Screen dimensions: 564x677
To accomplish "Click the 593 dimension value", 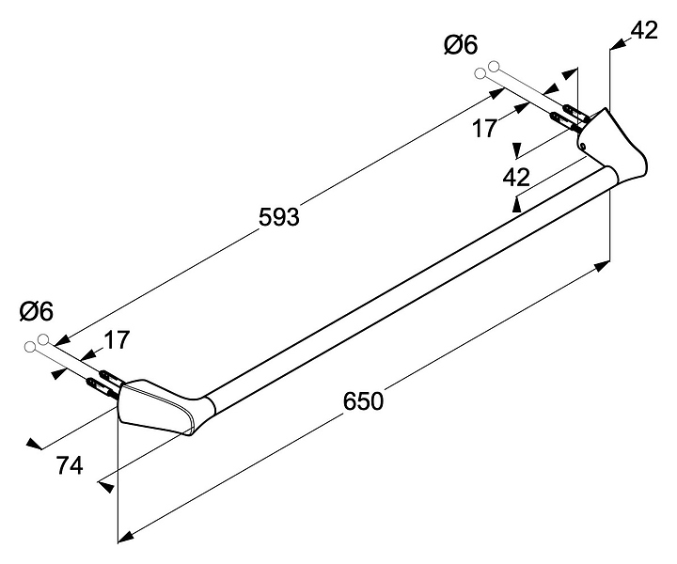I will [278, 217].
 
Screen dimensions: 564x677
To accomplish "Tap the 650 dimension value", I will [363, 401].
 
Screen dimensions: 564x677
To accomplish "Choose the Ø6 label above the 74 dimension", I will [36, 310].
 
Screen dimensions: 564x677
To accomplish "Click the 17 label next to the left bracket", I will [118, 339].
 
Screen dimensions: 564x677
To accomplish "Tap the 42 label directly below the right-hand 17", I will [516, 176].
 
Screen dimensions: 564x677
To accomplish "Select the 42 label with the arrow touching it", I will [643, 30].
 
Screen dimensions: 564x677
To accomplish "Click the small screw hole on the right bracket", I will [583, 146].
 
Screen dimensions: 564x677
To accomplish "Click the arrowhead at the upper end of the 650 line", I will [603, 268].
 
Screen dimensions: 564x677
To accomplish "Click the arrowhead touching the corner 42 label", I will [617, 41].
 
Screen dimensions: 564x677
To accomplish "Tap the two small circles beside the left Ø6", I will [37, 342].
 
